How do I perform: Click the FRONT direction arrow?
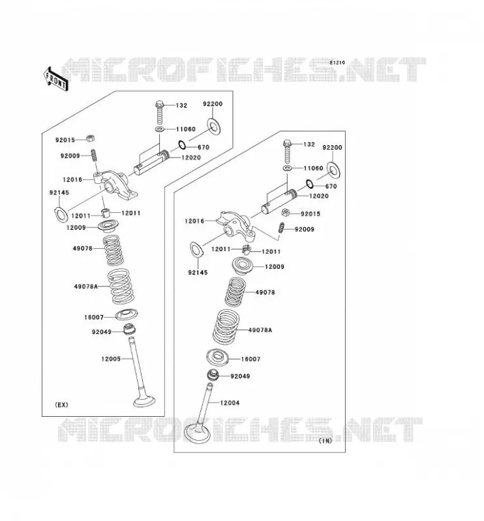(x=56, y=79)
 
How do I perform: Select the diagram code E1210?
(x=337, y=63)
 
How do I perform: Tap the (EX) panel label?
(x=61, y=404)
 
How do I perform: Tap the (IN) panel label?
(x=325, y=441)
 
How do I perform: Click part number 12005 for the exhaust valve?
(x=111, y=359)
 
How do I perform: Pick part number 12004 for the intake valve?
(x=230, y=402)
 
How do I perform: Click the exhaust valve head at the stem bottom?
(x=144, y=401)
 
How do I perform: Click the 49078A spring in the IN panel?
(x=226, y=327)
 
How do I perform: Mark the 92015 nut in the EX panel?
(x=90, y=138)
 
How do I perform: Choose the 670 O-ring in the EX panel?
(x=182, y=145)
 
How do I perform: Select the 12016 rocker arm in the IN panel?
(x=236, y=225)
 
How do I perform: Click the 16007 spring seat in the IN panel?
(x=219, y=358)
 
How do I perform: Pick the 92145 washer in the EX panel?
(x=61, y=215)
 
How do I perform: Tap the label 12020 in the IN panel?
(x=319, y=196)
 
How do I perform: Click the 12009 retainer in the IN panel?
(x=243, y=266)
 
